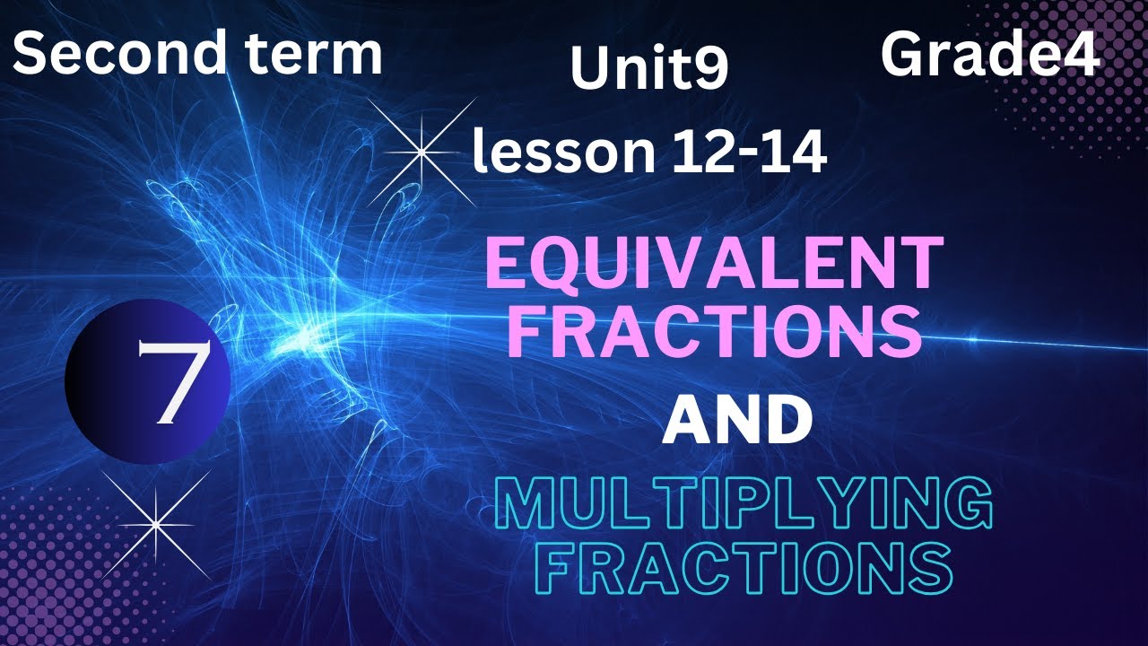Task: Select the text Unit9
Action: [x=648, y=69]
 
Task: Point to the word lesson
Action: [x=564, y=153]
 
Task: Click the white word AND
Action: [x=736, y=422]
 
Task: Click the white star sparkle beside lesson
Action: [x=421, y=153]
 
